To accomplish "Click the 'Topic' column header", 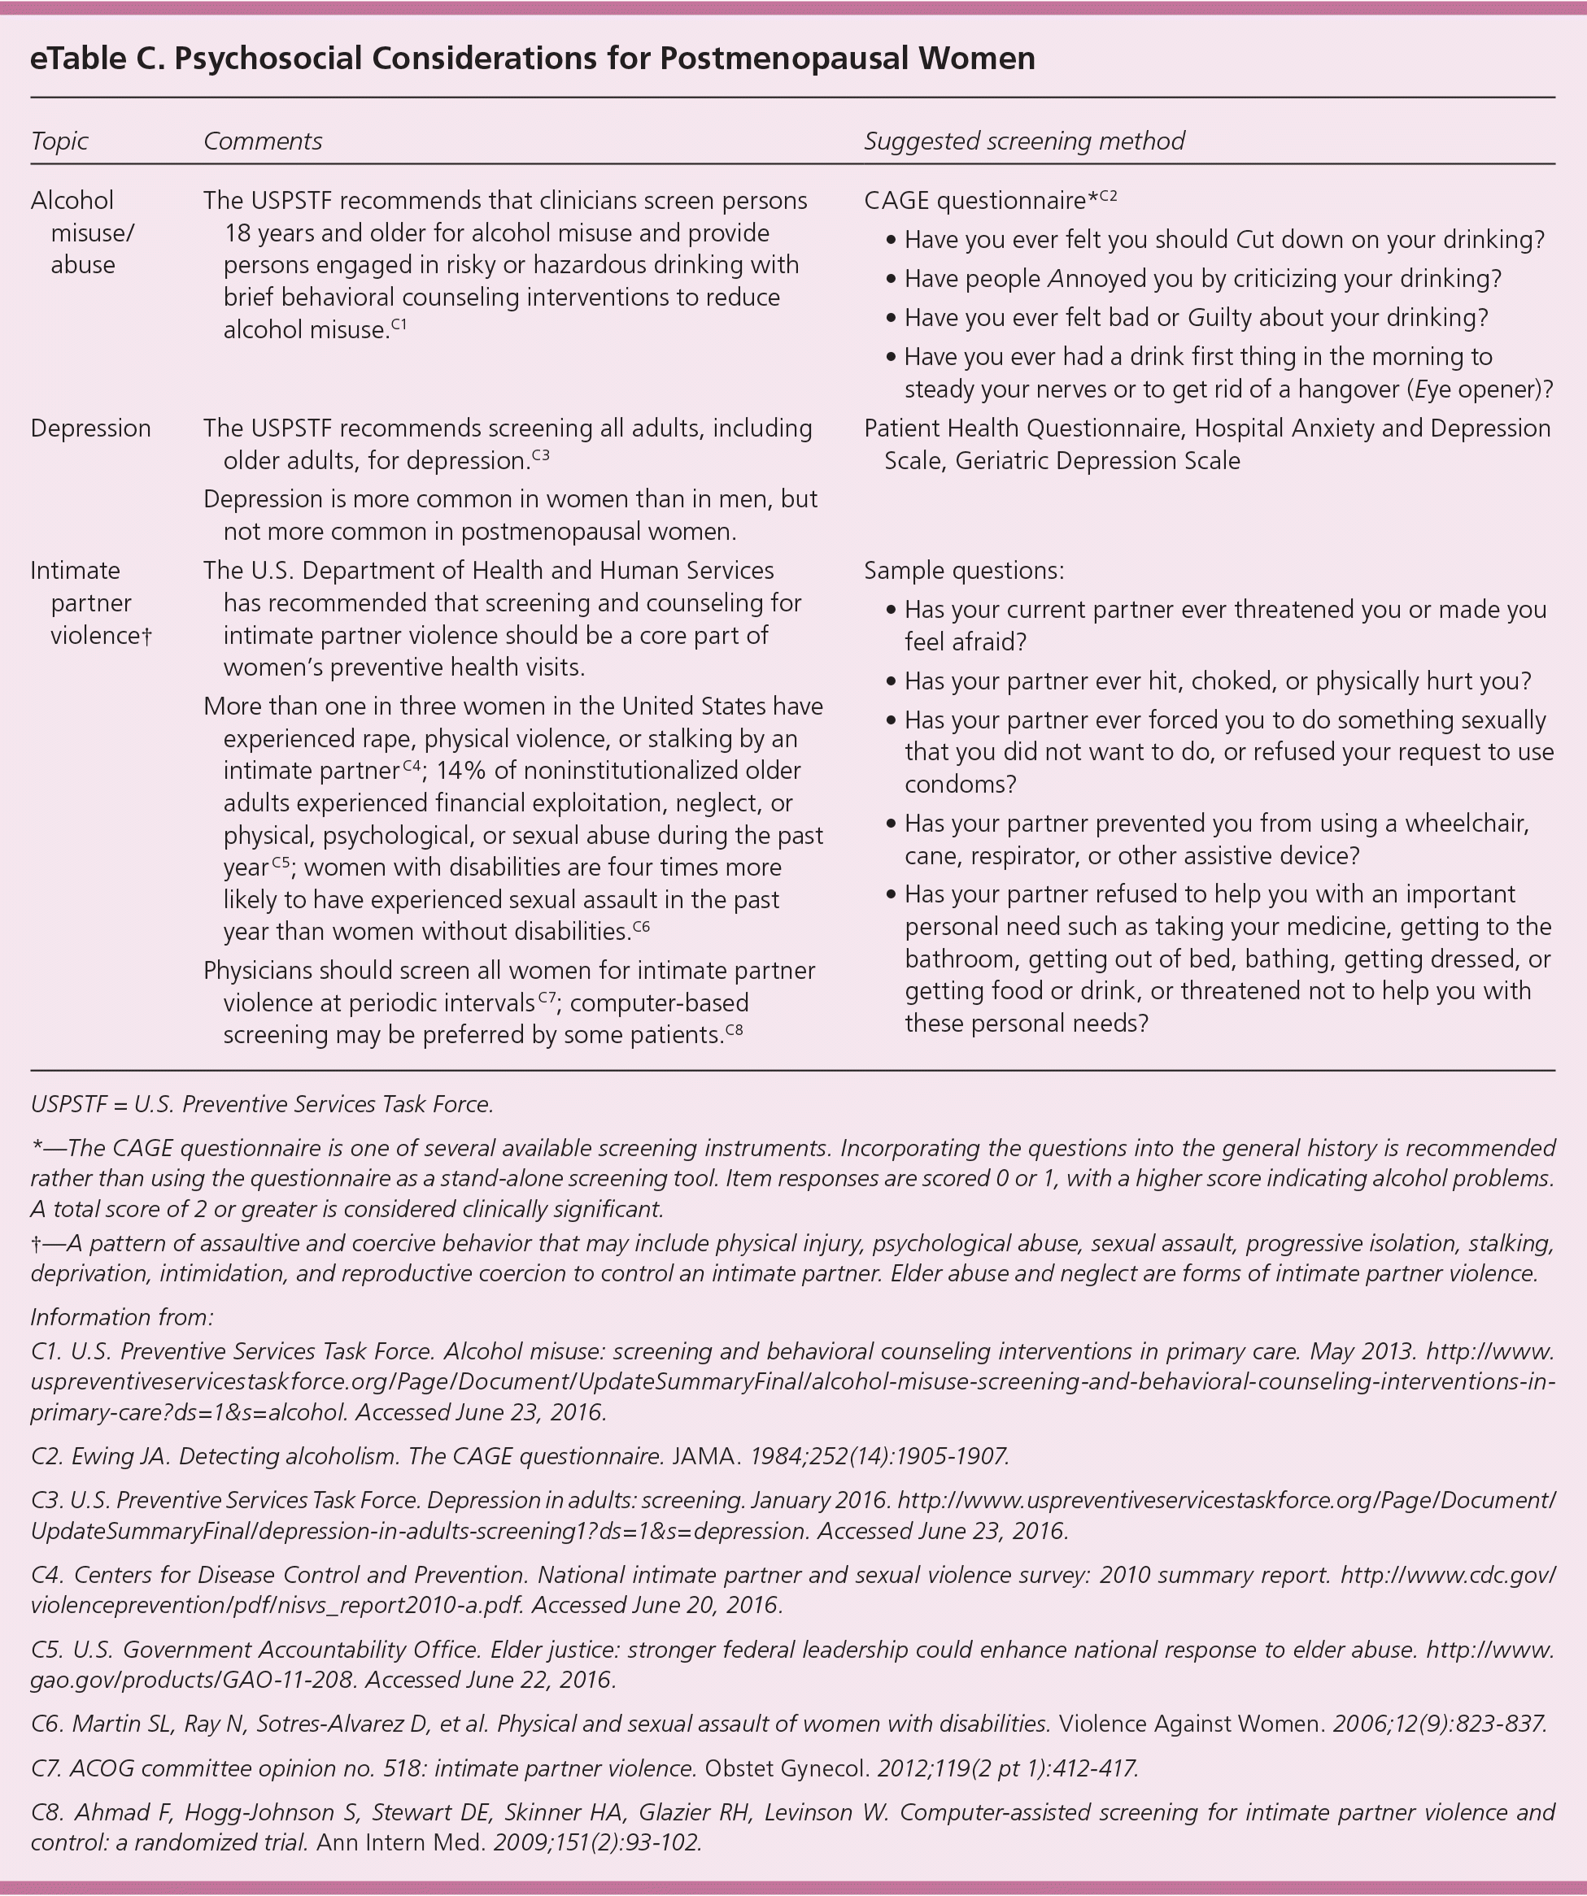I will tap(59, 141).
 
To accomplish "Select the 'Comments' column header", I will tap(262, 141).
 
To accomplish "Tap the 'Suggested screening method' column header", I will tap(1023, 141).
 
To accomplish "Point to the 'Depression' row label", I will tap(90, 428).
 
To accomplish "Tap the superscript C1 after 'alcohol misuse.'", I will tap(399, 324).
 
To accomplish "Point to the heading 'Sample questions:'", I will tap(963, 571).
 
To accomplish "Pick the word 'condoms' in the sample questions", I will tap(960, 785).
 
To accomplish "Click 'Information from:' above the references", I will tap(122, 1317).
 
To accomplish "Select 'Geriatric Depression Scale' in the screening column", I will tap(1097, 460).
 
